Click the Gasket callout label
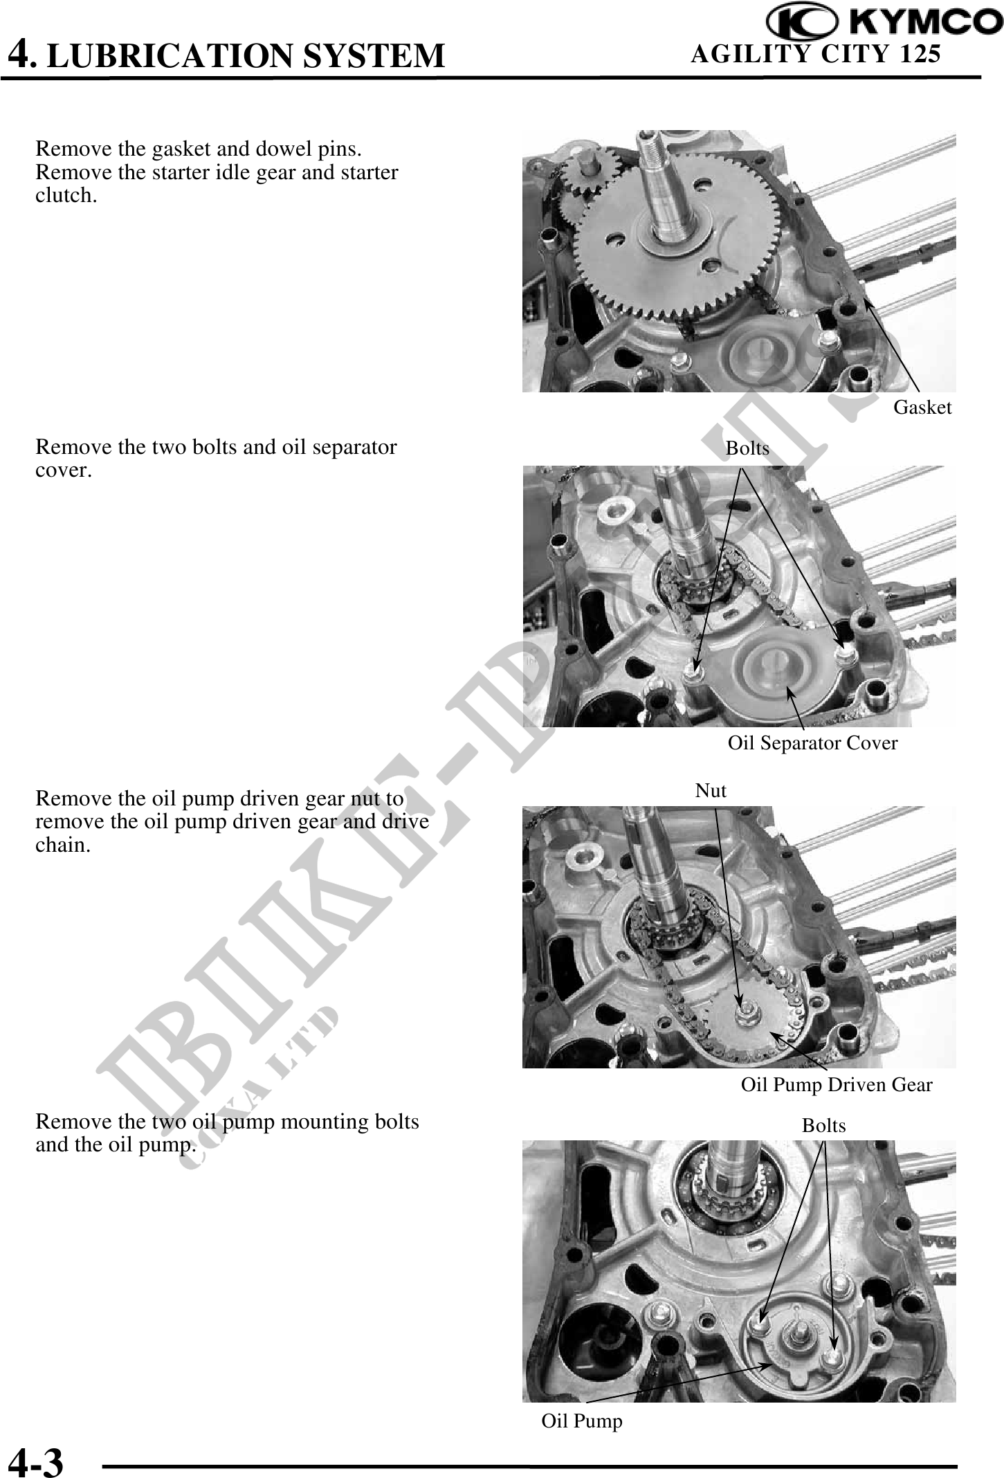922,407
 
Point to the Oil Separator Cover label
812,743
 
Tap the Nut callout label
711,790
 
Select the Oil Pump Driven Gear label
837,1084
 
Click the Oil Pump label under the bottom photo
582,1421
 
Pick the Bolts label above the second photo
747,448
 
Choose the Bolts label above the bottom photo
823,1126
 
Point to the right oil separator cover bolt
842,651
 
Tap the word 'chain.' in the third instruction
63,845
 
